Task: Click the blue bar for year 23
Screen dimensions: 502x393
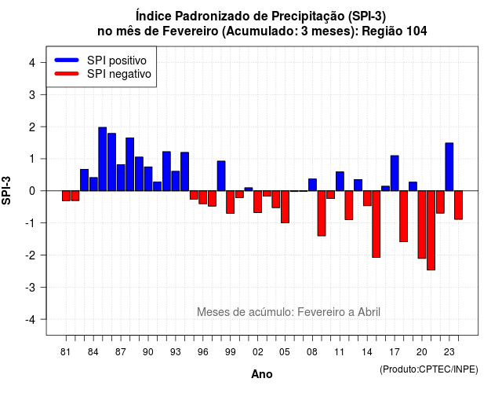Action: click(449, 167)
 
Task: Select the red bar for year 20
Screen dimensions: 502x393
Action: click(422, 225)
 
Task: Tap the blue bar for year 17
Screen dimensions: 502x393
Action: click(395, 173)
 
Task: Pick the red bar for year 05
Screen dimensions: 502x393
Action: click(285, 207)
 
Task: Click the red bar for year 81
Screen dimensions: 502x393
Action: click(66, 196)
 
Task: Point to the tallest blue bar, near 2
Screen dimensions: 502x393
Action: click(103, 159)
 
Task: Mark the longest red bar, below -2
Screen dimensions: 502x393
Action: click(431, 230)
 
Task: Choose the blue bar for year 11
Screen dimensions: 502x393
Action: click(340, 182)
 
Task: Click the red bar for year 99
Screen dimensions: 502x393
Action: click(230, 202)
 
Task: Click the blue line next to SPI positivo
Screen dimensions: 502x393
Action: click(67, 60)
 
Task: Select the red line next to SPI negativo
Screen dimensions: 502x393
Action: click(67, 73)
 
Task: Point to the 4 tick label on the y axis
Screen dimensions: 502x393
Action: click(32, 63)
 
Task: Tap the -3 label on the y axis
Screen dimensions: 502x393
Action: click(30, 288)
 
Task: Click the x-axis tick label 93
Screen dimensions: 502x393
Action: click(176, 352)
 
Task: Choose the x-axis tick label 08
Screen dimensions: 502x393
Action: click(312, 352)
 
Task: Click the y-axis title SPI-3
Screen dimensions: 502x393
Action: click(6, 190)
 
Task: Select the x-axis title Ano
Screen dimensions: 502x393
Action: click(262, 374)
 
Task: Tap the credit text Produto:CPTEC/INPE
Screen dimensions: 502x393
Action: click(429, 369)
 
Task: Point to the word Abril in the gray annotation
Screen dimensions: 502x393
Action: click(369, 312)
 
